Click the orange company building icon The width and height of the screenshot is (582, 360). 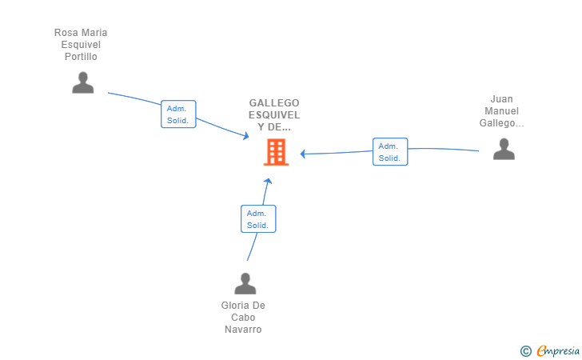click(276, 151)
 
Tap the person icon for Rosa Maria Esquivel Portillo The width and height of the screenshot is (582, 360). click(83, 82)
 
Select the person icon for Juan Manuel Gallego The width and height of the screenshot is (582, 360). click(504, 149)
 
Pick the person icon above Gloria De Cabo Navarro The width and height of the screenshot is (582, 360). click(245, 283)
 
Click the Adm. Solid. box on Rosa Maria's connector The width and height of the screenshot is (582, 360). click(178, 114)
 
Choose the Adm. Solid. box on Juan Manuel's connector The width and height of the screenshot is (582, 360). click(390, 151)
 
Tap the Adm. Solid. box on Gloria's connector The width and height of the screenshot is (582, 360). click(258, 219)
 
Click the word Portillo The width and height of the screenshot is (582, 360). click(81, 57)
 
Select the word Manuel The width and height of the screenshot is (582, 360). click(501, 111)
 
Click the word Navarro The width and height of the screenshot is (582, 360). click(243, 330)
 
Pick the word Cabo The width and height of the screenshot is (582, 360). click(243, 318)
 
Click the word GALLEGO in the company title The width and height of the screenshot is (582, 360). click(274, 103)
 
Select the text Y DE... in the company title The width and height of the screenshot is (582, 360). click(274, 127)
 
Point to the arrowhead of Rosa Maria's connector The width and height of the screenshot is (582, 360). click(245, 136)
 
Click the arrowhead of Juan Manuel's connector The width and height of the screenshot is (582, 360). click(303, 154)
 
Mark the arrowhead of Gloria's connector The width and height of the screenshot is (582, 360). click(268, 181)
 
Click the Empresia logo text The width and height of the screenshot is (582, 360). click(558, 351)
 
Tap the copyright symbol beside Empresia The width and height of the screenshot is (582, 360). click(526, 351)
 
